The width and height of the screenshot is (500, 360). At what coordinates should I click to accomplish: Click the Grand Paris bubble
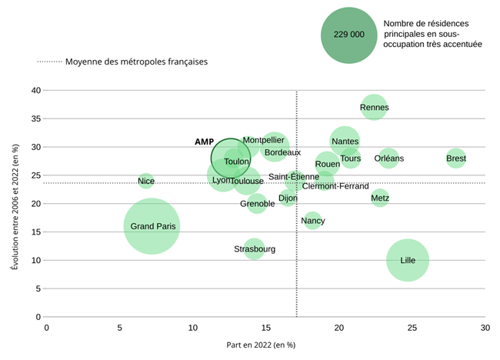point(152,226)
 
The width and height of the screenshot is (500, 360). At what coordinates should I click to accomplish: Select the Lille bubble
point(408,260)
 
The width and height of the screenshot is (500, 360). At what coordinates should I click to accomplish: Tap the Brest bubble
point(456,158)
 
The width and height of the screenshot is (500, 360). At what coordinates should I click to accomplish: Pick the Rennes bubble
point(374,108)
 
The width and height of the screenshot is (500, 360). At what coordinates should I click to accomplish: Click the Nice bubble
point(146,182)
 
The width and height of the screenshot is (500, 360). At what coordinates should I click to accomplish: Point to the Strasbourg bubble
point(254,249)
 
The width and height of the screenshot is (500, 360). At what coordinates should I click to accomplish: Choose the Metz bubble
point(380,198)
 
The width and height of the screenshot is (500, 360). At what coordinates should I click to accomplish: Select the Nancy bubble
point(312,221)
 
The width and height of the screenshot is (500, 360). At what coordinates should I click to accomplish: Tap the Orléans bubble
point(388,158)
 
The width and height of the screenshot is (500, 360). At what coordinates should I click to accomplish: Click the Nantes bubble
point(345,141)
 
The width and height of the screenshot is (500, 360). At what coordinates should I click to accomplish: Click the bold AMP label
point(204,142)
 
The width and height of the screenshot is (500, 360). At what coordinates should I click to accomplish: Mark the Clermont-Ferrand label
point(335,186)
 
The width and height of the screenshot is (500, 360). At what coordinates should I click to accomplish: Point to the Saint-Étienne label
point(294,177)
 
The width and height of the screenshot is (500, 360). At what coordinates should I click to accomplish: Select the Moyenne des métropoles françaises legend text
point(136,62)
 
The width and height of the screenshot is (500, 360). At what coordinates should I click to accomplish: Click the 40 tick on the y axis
point(35,90)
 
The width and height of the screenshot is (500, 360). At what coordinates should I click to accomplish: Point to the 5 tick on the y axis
point(38,288)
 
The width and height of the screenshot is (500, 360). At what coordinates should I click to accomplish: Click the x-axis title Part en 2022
point(261,345)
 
